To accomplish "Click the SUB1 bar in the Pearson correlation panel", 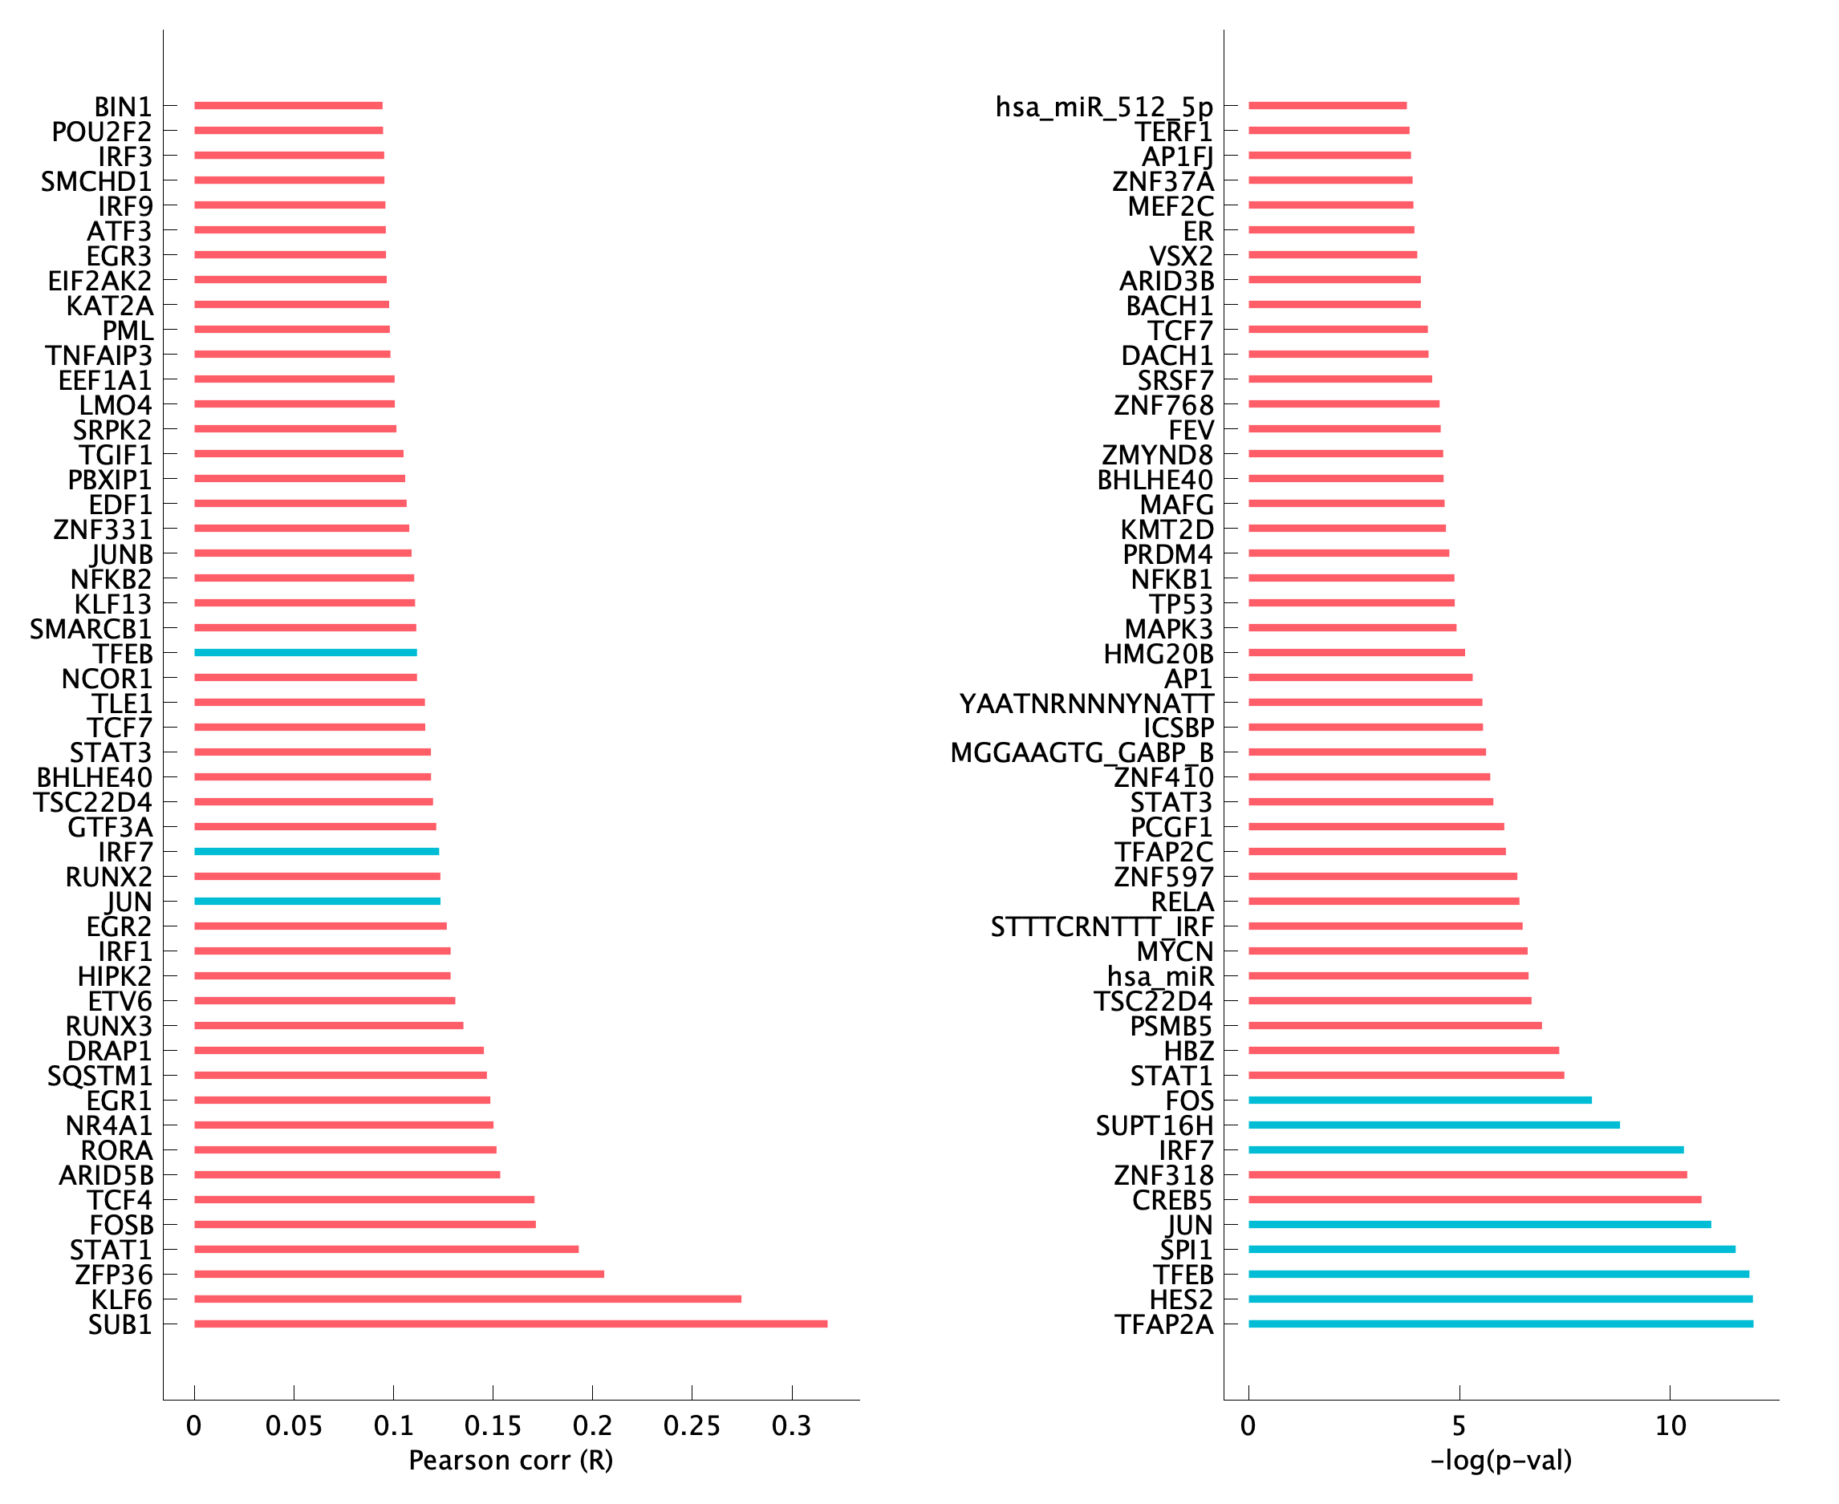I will point(510,1324).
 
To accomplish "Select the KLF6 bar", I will point(468,1299).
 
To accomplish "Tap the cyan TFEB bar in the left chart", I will point(305,652).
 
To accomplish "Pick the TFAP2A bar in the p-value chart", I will point(1500,1324).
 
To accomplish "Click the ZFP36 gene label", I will point(112,1275).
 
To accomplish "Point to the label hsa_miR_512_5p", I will point(1103,107).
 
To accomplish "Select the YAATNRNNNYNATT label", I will point(1085,703).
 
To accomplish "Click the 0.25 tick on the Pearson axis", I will point(692,1425).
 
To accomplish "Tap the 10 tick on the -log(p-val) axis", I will point(1670,1425).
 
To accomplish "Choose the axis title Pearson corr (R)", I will point(510,1461).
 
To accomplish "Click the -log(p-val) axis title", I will point(1500,1461).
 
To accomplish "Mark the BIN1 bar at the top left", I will point(289,106).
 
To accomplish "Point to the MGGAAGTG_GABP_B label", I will point(1081,753).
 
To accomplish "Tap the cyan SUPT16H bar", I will point(1434,1125).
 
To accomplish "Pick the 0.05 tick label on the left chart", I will point(294,1425).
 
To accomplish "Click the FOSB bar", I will point(365,1224).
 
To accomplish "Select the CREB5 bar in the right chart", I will point(1474,1200).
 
